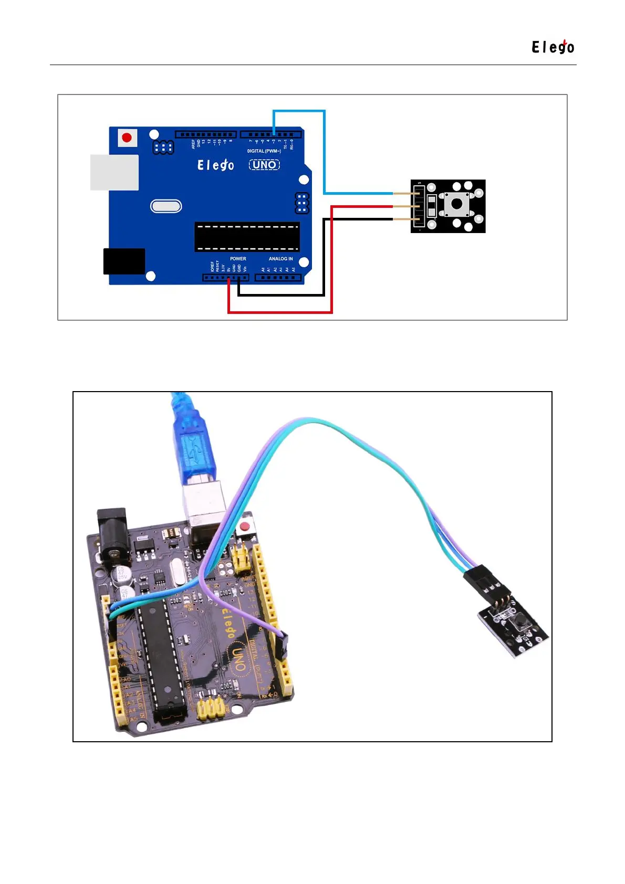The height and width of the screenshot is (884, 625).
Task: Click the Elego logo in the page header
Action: [x=553, y=47]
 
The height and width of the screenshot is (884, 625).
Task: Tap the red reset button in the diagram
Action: [x=127, y=138]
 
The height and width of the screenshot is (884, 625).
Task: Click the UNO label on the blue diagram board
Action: [x=264, y=165]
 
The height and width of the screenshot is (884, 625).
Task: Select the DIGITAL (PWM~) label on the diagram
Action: [x=264, y=151]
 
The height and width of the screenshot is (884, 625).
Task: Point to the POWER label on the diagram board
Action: [x=238, y=259]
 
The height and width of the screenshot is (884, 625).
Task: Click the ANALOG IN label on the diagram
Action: [x=280, y=259]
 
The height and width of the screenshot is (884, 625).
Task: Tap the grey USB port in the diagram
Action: [x=114, y=172]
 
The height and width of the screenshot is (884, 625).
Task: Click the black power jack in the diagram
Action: [x=124, y=261]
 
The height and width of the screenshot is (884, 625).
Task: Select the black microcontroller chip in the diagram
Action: [x=247, y=237]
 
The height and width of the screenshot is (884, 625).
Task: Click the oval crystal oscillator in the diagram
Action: [x=166, y=206]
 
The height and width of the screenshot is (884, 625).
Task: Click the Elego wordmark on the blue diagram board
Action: [x=215, y=165]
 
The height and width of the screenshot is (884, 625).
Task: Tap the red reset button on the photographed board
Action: [x=244, y=527]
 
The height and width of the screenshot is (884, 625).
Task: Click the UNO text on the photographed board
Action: [x=238, y=659]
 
